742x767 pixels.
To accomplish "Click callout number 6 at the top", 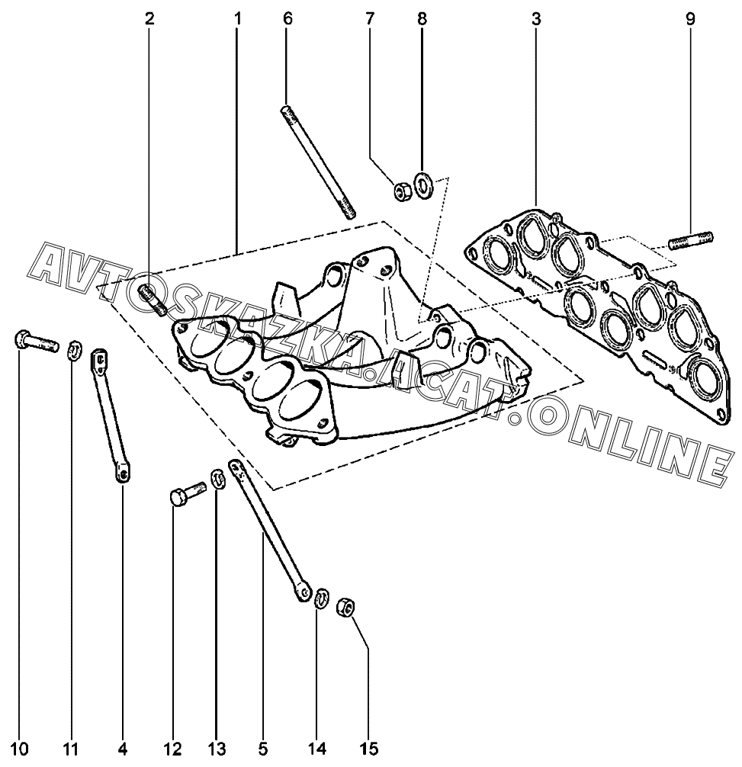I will click(287, 19).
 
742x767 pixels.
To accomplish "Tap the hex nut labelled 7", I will click(401, 191).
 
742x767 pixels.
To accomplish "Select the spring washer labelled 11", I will click(75, 351).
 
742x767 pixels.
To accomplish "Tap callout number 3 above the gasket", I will click(536, 19).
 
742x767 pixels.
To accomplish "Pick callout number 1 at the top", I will click(237, 19).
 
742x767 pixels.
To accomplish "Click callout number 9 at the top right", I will click(690, 19).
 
